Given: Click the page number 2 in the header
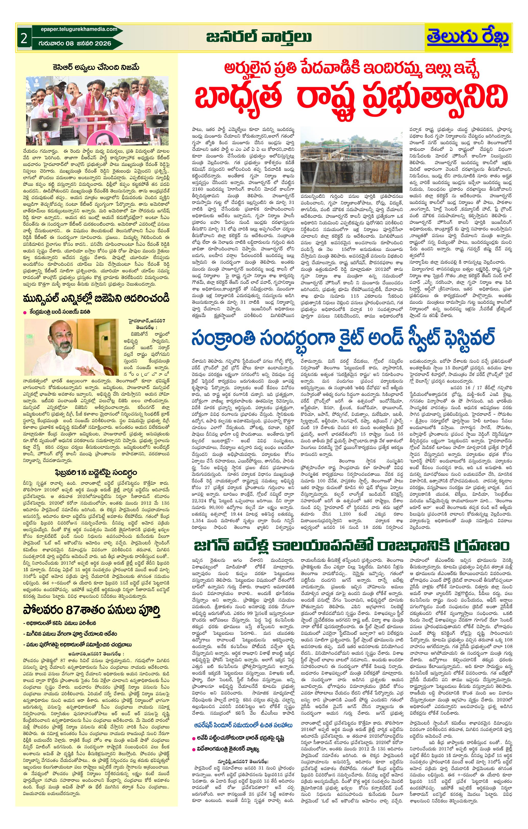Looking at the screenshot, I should tap(24, 38).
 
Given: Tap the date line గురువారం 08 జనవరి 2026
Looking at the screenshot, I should tap(75, 43).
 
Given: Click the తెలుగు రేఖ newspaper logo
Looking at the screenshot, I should tap(468, 37).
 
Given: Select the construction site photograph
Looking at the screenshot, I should tap(351, 160).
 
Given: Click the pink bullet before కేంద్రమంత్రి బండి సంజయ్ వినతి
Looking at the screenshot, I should tap(25, 312).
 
